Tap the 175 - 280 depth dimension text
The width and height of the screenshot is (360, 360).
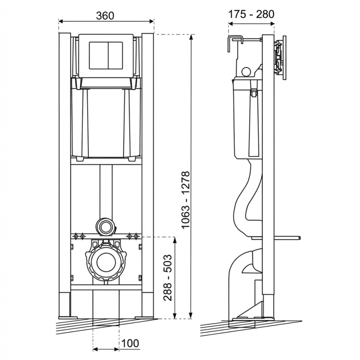251,14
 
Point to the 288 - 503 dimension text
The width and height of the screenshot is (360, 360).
168,278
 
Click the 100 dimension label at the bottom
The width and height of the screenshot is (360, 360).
131,343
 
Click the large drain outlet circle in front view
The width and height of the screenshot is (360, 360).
106,262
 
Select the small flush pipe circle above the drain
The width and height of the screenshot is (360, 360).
106,226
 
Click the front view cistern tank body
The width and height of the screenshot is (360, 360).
106,122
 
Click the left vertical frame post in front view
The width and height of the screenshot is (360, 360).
65,175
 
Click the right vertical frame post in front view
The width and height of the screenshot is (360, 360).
148,175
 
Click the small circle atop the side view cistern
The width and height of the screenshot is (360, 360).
246,72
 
